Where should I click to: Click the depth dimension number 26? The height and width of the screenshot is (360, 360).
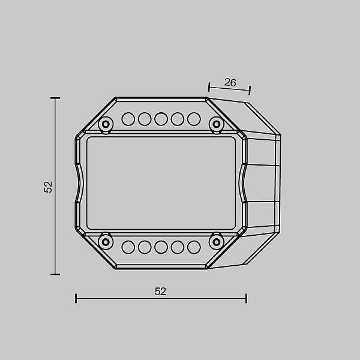(x=230, y=82)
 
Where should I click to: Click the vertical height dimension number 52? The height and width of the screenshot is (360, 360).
(x=48, y=187)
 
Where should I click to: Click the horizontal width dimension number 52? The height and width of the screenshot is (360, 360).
(x=160, y=292)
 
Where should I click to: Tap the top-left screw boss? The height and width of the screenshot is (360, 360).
(x=106, y=124)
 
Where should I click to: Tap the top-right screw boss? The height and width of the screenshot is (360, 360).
(x=216, y=124)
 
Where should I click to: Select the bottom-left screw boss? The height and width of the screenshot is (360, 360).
(x=106, y=242)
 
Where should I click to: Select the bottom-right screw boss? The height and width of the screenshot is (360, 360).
(x=216, y=242)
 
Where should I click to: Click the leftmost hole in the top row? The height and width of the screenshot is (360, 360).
(x=128, y=119)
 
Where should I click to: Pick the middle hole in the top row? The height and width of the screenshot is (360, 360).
(x=161, y=119)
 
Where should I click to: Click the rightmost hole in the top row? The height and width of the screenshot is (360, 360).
(x=194, y=119)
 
